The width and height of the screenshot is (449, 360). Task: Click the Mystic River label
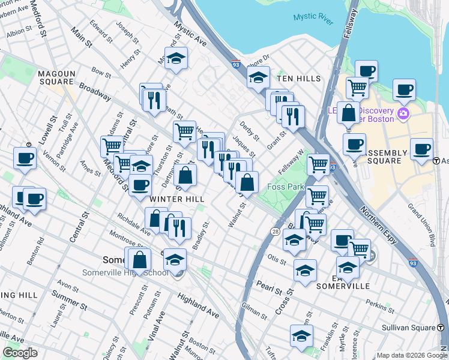(313, 18)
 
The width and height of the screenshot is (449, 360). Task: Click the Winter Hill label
(178, 199)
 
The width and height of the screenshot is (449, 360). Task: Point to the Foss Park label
(286, 187)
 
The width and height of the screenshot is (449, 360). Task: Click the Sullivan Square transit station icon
(441, 328)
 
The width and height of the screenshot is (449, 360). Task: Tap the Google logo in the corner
(20, 353)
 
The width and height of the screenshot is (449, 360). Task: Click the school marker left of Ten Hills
(258, 77)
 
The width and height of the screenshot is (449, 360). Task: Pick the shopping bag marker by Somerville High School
(139, 260)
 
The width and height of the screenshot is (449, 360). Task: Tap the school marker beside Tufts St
(301, 337)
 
